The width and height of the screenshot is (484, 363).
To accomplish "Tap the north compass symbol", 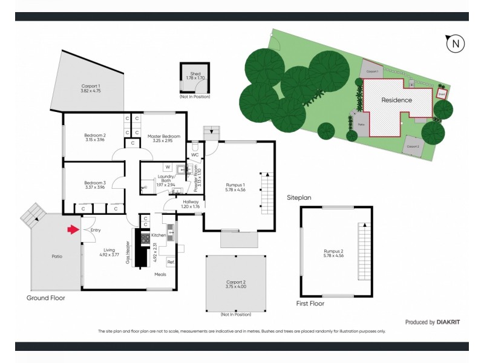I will (455, 44).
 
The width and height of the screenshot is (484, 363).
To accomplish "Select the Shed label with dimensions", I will (195, 76).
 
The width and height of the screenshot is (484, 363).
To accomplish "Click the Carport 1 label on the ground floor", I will (91, 88).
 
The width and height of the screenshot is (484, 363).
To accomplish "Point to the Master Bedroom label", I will (164, 139).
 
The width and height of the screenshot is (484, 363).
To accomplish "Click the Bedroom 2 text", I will (95, 137).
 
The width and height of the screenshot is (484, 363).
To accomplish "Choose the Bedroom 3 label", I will (95, 185).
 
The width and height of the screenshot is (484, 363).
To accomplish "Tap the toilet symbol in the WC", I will (195, 146).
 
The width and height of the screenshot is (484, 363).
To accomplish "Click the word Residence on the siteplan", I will (396, 100).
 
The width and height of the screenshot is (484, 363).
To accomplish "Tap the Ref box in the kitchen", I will (171, 262).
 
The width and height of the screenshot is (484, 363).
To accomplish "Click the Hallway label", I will (191, 204).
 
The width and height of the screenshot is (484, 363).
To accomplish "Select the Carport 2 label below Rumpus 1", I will (235, 284).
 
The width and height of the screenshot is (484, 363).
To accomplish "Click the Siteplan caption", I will (299, 198).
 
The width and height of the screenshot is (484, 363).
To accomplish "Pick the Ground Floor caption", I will (45, 298).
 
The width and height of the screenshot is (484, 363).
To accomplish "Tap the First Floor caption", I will (310, 302).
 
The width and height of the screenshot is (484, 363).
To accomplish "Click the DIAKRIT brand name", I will (448, 322).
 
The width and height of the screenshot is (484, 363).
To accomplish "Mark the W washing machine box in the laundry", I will (167, 167).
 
